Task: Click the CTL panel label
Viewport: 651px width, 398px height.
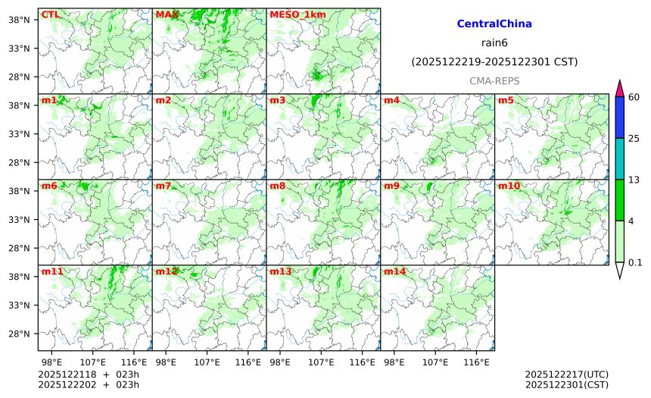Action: [50, 14]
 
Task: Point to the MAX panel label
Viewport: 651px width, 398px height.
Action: [167, 14]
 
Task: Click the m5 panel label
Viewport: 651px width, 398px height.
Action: [506, 100]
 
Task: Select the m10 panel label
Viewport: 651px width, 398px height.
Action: [509, 186]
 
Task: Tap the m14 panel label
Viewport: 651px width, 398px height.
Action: [394, 271]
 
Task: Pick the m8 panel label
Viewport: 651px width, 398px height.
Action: [277, 186]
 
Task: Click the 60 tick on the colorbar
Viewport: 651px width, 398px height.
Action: [634, 96]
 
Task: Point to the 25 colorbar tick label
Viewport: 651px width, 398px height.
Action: [634, 137]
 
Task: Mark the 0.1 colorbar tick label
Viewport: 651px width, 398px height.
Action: [635, 263]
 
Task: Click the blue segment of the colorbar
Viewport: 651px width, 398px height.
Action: [619, 117]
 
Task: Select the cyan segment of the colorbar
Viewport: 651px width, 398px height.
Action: [619, 158]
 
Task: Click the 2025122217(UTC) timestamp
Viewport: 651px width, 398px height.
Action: [566, 374]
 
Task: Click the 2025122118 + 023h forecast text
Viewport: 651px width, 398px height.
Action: [79, 374]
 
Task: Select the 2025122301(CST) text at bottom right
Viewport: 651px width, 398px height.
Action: [566, 384]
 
